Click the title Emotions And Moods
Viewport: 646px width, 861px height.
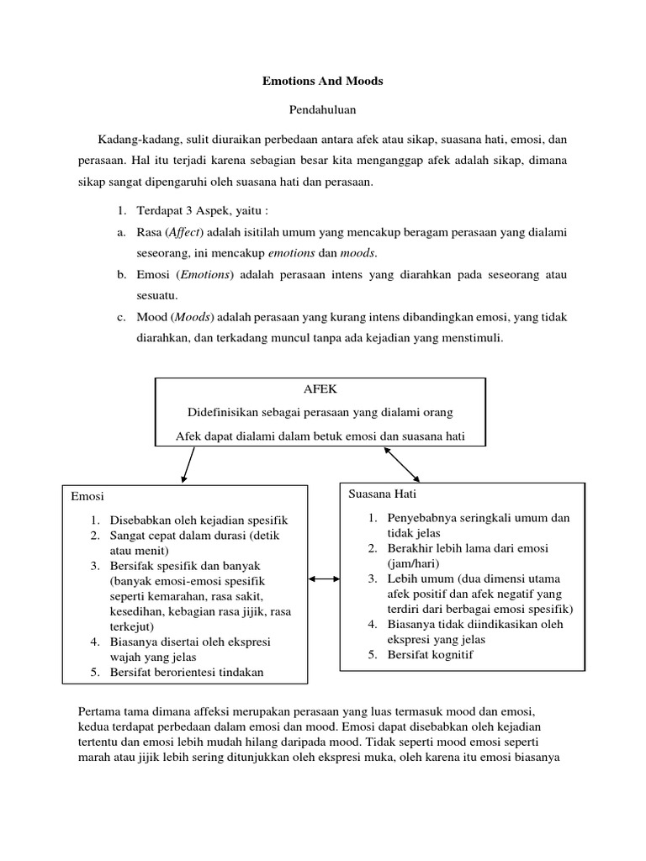point(323,82)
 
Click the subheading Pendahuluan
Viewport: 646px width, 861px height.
point(323,109)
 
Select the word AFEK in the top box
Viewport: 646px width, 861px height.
point(320,390)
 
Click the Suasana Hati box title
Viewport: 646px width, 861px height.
point(383,494)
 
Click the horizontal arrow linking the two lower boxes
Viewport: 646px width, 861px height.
point(324,578)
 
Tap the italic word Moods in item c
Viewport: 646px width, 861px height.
point(194,317)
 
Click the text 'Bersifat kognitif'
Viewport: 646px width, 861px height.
point(432,654)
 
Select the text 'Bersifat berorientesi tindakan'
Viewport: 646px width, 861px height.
point(187,672)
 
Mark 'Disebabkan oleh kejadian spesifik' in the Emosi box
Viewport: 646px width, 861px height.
point(199,520)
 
